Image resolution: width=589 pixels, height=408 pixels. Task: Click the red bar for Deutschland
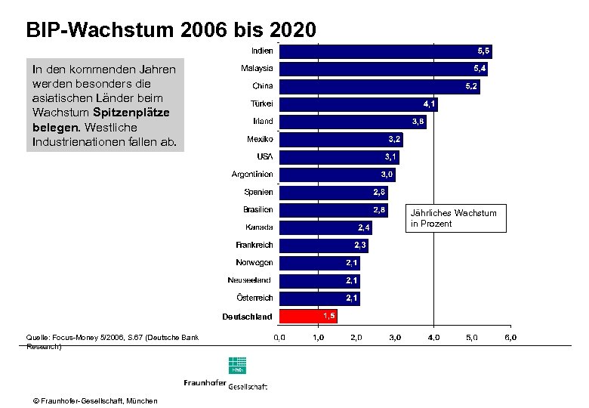(308, 316)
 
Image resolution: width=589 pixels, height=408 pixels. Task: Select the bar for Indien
(385, 51)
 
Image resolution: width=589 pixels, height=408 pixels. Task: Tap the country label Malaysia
(257, 69)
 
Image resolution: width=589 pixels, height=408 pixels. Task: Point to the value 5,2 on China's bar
(471, 86)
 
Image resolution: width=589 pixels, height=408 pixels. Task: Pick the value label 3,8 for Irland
(418, 122)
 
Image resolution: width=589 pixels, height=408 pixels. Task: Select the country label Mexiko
(261, 139)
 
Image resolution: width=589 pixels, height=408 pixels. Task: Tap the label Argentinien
(252, 175)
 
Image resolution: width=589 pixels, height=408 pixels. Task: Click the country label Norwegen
(254, 263)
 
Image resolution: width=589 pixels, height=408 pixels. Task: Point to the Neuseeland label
(251, 280)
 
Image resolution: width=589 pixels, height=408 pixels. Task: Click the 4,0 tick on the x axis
(433, 337)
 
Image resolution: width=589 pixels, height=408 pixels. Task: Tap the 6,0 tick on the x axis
(510, 337)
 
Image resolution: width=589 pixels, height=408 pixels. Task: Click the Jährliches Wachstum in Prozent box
(455, 218)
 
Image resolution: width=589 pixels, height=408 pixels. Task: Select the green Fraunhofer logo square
(237, 366)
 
